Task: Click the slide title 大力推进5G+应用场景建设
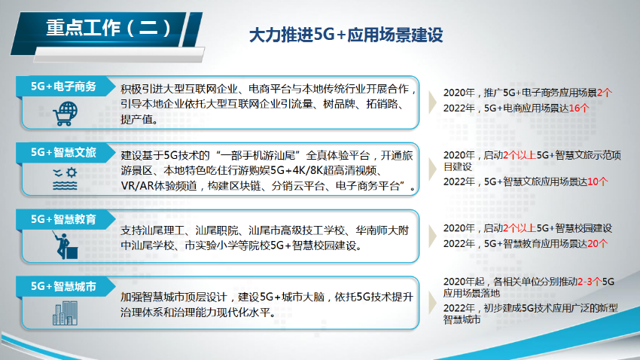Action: [346, 35]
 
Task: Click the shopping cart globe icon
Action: [64, 114]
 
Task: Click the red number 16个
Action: [578, 108]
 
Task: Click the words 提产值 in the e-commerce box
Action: [138, 119]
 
